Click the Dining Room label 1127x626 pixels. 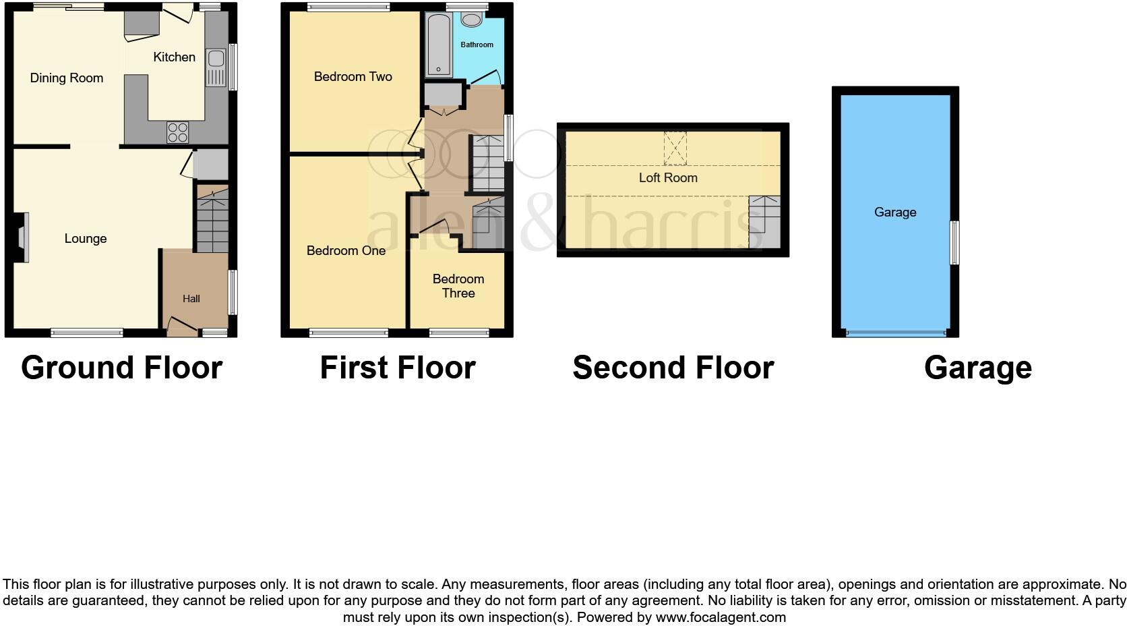coord(67,78)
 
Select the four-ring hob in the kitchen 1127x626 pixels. coord(178,132)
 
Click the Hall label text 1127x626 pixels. coord(191,299)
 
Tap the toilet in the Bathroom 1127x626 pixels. coord(472,20)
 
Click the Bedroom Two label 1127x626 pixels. coord(353,77)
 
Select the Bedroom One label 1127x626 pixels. coord(346,251)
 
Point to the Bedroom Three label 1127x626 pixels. coord(458,286)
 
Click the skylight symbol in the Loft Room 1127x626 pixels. coord(675,148)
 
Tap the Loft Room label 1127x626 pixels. coord(668,178)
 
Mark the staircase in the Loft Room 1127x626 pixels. coord(765,221)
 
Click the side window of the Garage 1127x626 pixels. coord(954,243)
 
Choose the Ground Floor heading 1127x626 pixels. coord(122,368)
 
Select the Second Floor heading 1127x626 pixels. coord(673,368)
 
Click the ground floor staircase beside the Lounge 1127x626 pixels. coord(212,218)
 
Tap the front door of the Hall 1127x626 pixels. coord(182,329)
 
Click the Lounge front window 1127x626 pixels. coord(87,332)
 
